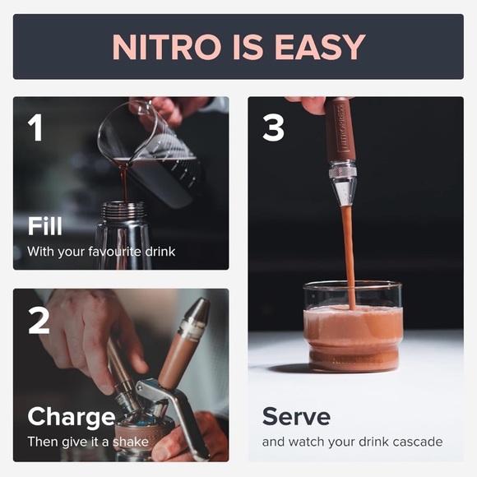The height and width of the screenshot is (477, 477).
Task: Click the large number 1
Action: tap(35, 127)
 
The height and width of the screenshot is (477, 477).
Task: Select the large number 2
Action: tap(39, 319)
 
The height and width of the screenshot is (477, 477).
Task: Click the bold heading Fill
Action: tap(45, 225)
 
